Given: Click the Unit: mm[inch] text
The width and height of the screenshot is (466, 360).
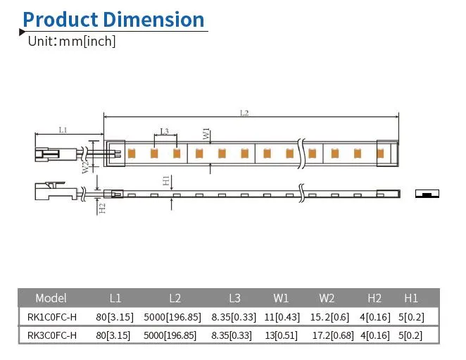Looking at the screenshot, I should [71, 41].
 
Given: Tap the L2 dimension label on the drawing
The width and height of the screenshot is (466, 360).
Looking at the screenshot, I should [244, 113].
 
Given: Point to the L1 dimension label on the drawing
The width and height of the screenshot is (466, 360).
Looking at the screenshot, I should [63, 130].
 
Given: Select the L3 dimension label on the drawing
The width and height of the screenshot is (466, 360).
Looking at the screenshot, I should [164, 130].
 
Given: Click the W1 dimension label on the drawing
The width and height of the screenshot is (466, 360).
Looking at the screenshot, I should [206, 134].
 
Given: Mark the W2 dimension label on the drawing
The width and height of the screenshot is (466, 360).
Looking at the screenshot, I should [84, 167].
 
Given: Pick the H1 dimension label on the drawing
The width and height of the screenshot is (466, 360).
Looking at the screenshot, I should [165, 181].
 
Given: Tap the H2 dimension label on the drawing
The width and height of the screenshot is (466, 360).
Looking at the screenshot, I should [102, 208].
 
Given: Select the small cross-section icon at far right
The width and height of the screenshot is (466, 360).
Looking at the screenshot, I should [427, 194].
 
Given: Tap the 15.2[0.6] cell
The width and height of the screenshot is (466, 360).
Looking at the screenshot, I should [327, 317].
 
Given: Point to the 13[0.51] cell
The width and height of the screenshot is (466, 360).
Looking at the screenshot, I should [281, 335].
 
